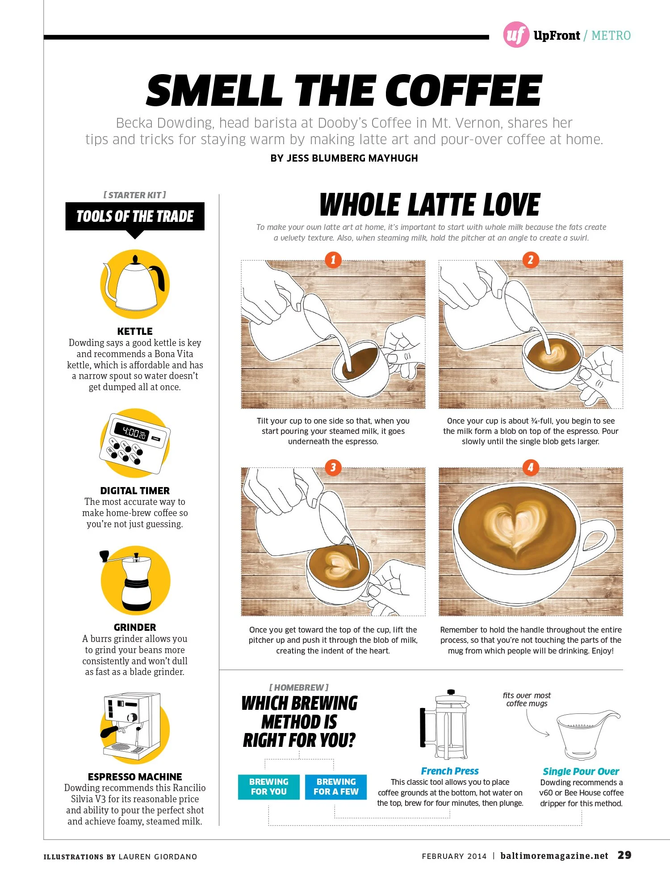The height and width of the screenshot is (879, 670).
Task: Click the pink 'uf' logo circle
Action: [x=516, y=34]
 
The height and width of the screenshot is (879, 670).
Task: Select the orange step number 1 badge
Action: [x=333, y=260]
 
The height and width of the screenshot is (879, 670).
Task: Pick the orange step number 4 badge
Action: [x=530, y=467]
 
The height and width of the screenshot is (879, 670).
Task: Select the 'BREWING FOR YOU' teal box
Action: [x=268, y=787]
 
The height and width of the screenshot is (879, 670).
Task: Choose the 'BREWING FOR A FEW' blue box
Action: [x=336, y=787]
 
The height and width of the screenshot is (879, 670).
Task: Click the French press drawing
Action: [x=444, y=724]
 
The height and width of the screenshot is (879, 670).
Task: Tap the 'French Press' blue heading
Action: [x=450, y=771]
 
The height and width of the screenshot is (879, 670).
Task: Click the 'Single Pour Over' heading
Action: [x=581, y=771]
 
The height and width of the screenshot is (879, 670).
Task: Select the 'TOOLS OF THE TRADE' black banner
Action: [x=135, y=217]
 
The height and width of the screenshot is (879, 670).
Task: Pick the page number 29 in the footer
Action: [x=624, y=855]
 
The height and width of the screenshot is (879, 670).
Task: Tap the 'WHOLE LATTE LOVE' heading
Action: [x=430, y=205]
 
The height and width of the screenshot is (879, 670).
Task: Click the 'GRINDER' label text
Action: [x=135, y=627]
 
